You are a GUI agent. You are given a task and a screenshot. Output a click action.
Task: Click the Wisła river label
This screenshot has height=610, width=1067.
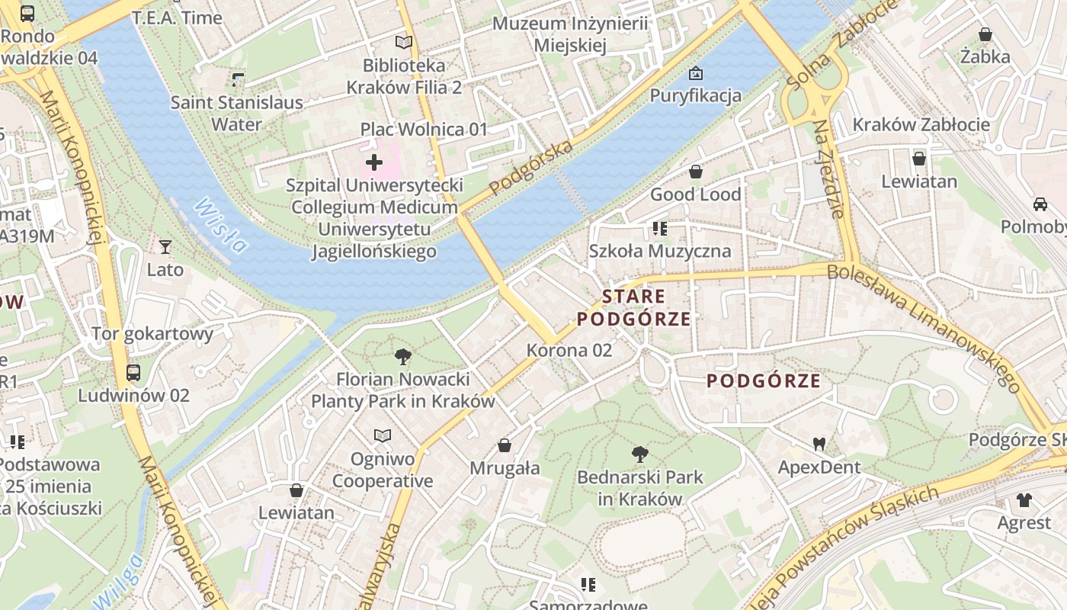220,225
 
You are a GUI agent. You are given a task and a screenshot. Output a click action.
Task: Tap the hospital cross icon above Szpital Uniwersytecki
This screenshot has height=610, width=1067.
374,162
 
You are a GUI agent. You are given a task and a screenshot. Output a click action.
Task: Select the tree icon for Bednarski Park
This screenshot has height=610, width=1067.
640,454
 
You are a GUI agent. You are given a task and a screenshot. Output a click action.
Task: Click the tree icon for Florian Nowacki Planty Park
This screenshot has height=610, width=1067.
403,356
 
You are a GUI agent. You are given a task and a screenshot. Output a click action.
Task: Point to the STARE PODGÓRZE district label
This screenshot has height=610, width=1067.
634,307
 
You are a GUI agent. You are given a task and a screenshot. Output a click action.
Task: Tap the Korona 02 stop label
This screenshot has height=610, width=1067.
569,350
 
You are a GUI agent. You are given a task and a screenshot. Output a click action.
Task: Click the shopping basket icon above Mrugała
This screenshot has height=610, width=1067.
505,445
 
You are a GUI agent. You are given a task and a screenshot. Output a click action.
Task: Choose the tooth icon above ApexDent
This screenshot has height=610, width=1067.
819,444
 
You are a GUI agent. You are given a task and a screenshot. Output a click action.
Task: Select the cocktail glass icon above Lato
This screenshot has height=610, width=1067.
165,246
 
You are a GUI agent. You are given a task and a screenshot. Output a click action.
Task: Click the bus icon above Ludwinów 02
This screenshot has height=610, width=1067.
133,373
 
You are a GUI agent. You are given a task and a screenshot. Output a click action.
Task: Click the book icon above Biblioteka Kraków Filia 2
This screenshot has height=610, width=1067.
404,43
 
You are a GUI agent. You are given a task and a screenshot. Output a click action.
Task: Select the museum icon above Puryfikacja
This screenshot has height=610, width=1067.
695,73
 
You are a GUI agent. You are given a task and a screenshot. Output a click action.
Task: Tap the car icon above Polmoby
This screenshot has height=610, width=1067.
1040,204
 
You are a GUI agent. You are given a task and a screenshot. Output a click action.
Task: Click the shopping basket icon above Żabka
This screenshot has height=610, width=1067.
985,34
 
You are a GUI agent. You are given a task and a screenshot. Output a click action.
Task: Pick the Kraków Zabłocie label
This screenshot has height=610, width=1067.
921,124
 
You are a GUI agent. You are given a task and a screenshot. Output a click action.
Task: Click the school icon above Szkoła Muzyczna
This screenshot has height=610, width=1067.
660,228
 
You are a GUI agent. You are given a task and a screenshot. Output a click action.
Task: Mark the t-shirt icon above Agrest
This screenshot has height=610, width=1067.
1024,500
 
